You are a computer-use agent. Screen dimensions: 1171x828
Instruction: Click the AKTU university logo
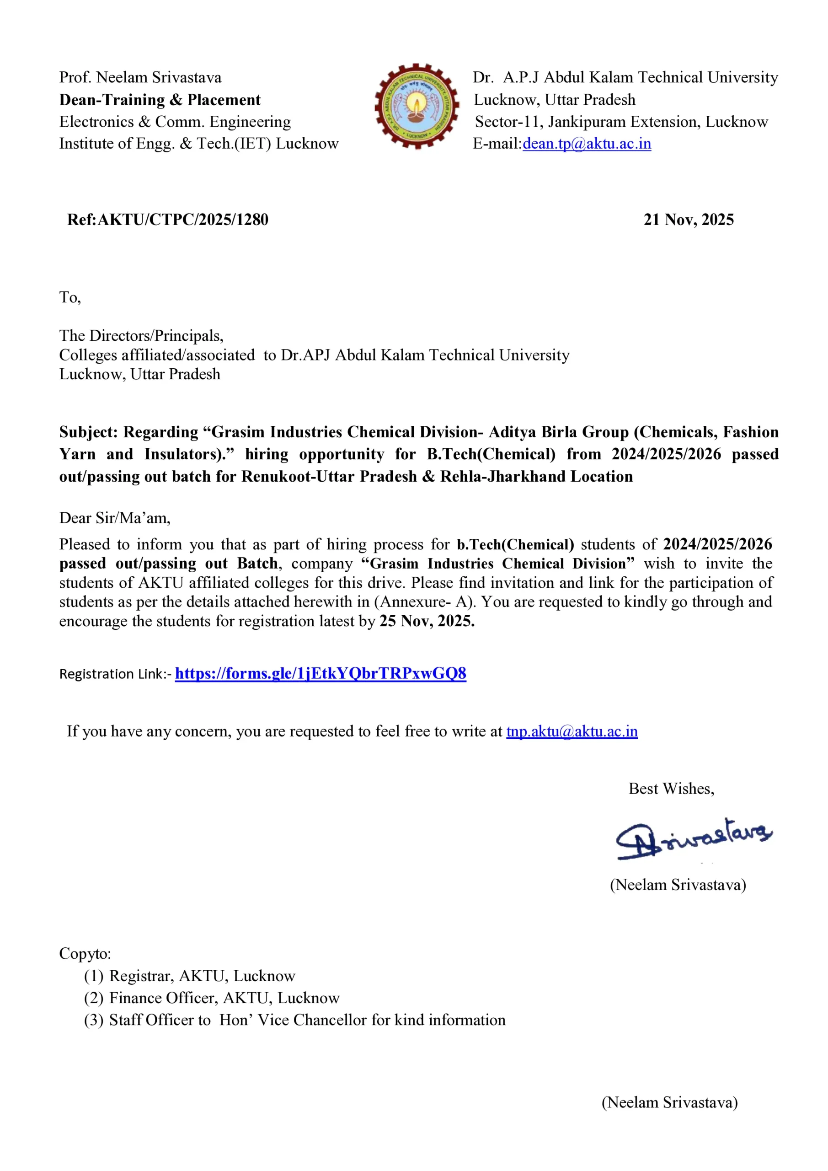417,106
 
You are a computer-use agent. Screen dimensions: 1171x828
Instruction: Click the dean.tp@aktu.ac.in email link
587,144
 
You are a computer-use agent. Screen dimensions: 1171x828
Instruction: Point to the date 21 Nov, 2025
688,220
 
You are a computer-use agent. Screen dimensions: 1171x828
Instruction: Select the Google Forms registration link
320,673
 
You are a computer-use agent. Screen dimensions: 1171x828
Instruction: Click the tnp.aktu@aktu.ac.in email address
572,731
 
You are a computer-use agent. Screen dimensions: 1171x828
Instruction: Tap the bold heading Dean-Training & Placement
160,100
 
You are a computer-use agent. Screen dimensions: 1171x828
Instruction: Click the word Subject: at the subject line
88,432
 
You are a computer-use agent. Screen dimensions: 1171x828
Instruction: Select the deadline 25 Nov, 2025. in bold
427,621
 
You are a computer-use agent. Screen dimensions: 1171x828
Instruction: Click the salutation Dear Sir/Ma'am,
115,518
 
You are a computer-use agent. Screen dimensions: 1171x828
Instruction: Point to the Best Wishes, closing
671,789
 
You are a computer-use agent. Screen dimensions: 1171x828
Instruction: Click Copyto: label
85,953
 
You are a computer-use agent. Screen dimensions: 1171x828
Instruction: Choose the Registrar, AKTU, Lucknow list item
202,976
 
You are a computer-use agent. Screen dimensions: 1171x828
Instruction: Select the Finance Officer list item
224,998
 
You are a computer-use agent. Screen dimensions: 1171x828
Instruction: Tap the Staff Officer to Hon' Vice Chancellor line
307,1020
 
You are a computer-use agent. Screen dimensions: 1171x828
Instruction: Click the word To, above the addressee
70,297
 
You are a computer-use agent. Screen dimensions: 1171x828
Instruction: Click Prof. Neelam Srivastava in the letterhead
140,77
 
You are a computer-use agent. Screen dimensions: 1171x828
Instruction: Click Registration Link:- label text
115,674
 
